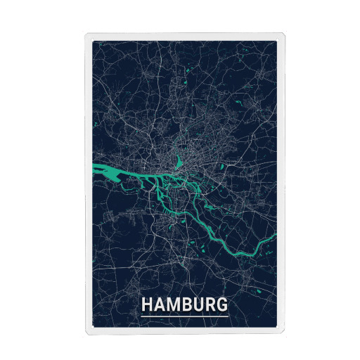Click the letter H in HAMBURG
[x=147, y=306]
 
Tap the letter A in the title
[x=159, y=306]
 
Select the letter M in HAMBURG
[x=172, y=306]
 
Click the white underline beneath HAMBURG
[x=184, y=316]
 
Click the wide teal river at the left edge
[x=102, y=169]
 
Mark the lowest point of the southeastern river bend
[x=239, y=252]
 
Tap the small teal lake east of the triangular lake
[x=222, y=167]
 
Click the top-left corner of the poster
[x=86, y=34]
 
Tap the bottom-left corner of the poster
[x=86, y=329]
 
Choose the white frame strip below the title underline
[x=184, y=326]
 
